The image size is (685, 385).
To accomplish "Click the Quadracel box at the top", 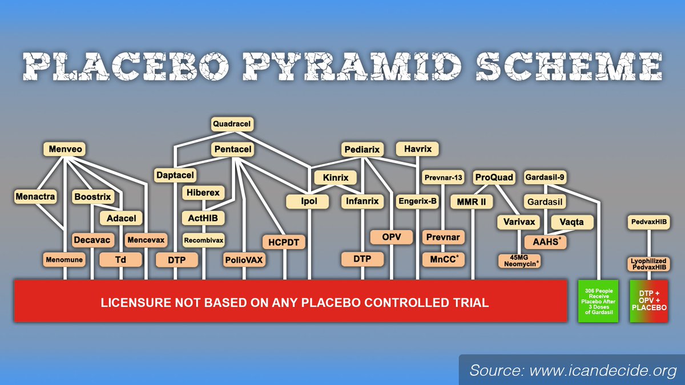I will [232, 123].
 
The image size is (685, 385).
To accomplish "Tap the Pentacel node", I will [232, 149].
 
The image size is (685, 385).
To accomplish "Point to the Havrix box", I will [418, 149].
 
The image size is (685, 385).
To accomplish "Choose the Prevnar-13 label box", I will [442, 177].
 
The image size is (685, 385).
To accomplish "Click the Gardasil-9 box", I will [545, 177].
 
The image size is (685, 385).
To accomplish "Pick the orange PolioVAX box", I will [244, 260].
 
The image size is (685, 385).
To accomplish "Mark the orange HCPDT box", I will [284, 242].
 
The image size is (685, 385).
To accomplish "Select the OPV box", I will [392, 237].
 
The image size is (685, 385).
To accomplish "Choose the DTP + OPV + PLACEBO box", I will [649, 301].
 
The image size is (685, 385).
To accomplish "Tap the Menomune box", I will [64, 260].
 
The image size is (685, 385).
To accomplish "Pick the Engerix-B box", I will [417, 202].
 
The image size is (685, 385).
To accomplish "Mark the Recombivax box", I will [203, 240].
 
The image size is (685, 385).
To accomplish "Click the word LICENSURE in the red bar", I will [136, 302].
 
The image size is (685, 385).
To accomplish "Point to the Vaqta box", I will [572, 222].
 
